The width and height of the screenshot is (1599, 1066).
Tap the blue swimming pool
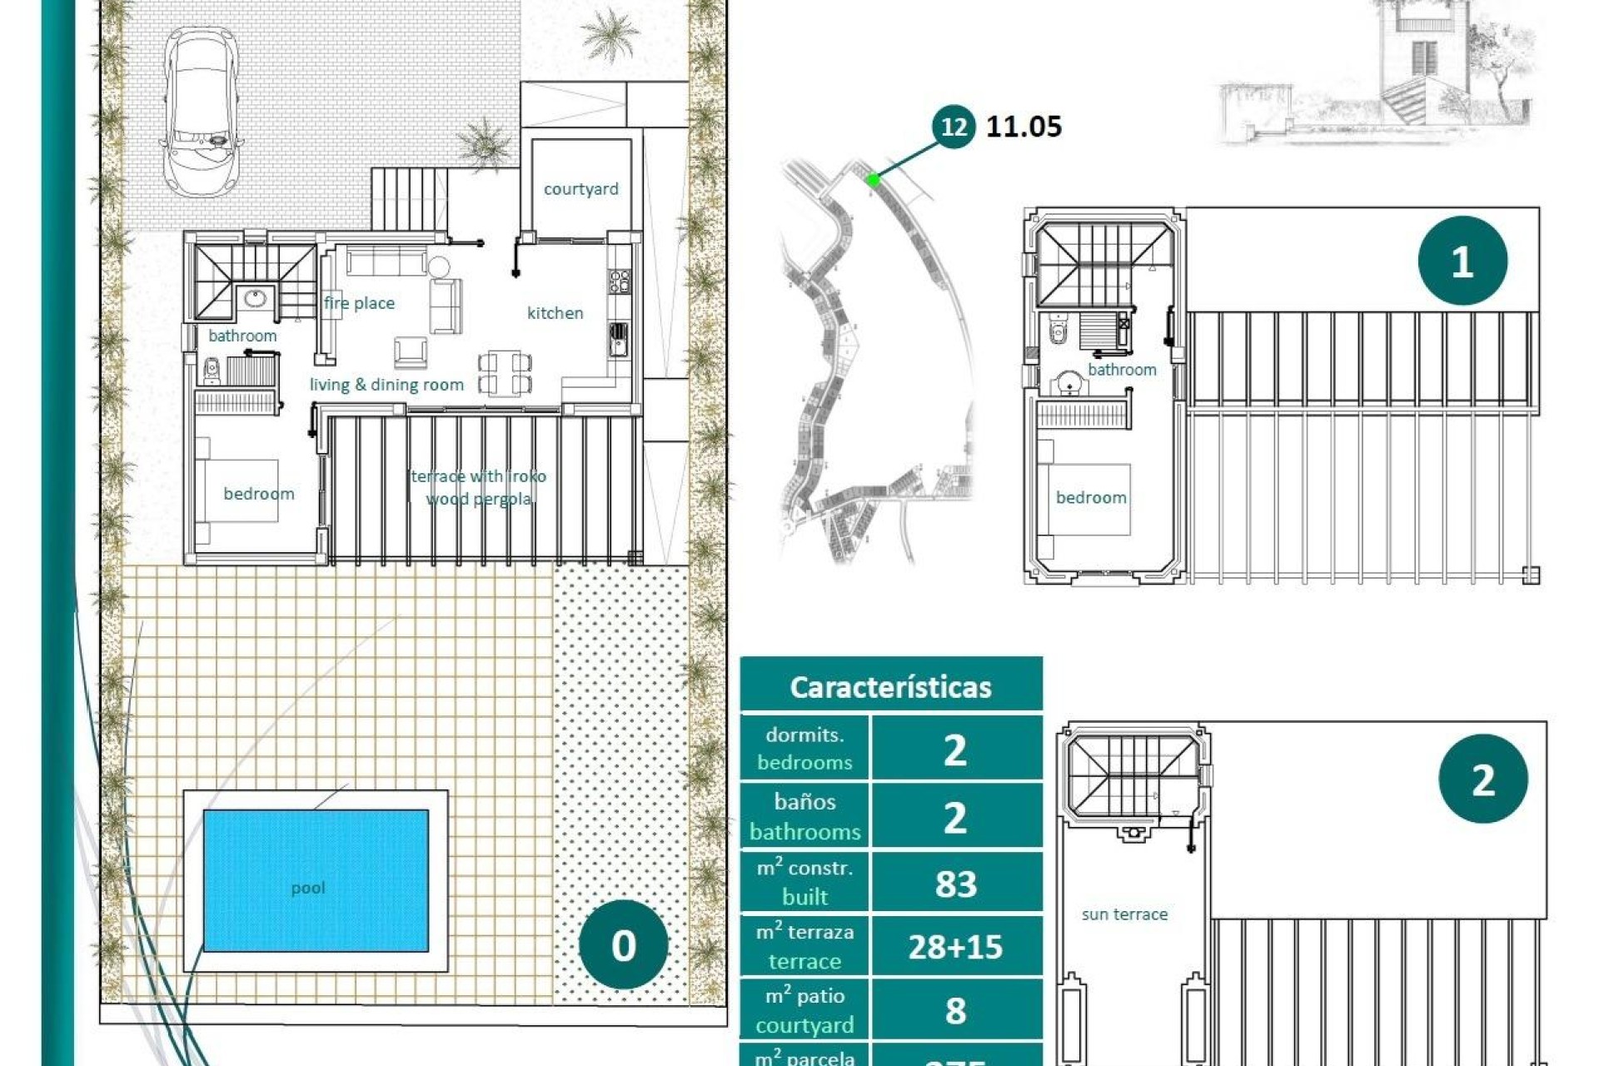(x=316, y=880)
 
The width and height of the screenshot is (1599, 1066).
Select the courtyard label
(x=580, y=189)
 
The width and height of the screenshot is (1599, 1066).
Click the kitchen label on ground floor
(x=555, y=313)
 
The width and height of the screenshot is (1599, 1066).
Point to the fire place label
(x=359, y=303)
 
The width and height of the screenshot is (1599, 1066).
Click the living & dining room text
(x=386, y=385)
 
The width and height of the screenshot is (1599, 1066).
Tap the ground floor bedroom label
(x=258, y=494)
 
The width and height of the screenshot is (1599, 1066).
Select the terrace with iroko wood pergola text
(x=479, y=487)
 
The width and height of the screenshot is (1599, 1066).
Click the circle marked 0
(x=623, y=944)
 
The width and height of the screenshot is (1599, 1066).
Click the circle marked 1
(x=1462, y=262)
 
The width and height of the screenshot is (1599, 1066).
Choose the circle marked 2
(x=1482, y=780)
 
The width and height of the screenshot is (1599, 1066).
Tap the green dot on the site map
(x=872, y=179)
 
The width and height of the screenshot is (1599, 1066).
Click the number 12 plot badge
(x=953, y=127)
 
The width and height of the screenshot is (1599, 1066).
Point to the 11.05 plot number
(x=1024, y=127)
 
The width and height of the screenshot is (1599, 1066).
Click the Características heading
(x=890, y=687)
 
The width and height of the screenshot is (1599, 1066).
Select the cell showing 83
(x=955, y=884)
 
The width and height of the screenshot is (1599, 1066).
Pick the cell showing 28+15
(x=955, y=947)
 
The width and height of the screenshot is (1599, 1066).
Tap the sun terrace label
(x=1123, y=914)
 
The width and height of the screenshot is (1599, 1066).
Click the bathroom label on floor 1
(x=1121, y=370)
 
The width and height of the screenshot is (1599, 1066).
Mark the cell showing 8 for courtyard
(x=955, y=1010)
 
